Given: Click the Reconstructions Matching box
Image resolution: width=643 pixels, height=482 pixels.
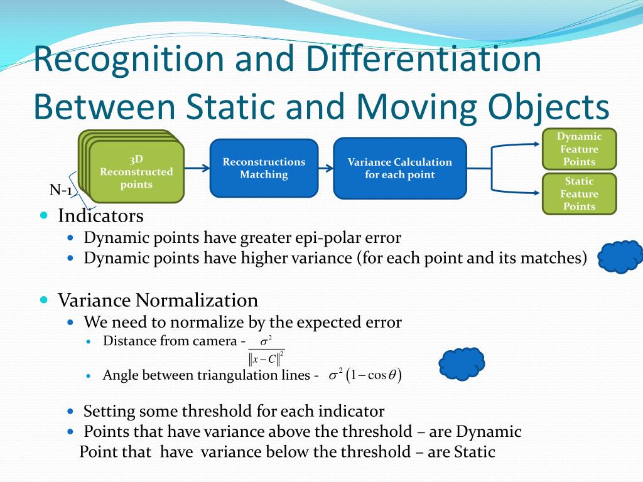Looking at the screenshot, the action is [x=264, y=168].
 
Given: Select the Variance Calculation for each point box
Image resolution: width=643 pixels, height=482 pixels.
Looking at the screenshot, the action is [x=399, y=168].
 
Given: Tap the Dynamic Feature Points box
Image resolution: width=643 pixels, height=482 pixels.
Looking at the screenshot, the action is [x=579, y=149].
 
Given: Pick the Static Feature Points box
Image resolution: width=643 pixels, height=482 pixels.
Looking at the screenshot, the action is [x=579, y=193].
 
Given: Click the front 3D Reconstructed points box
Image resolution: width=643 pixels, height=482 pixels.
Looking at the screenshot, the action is [x=136, y=171].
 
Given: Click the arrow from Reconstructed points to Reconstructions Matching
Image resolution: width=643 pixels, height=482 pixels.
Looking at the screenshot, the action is [x=197, y=168].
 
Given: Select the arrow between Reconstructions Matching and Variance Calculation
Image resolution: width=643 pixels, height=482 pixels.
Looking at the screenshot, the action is [x=325, y=168].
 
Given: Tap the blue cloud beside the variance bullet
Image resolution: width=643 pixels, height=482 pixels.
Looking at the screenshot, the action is [x=620, y=257].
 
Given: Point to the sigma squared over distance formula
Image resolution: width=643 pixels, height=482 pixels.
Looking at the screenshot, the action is [x=266, y=351].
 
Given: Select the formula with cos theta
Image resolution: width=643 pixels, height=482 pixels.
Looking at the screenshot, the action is [x=365, y=375].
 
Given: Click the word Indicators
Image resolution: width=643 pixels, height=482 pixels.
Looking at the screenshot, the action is [x=100, y=217].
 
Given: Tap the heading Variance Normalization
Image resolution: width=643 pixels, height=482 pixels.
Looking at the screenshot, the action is [x=158, y=300].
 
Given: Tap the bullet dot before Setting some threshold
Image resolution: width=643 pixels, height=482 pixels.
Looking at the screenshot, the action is [x=71, y=412].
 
